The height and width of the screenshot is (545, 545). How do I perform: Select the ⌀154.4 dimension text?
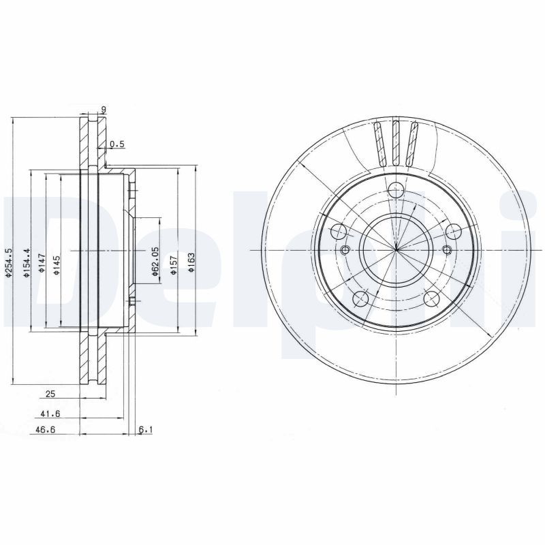[x=27, y=262]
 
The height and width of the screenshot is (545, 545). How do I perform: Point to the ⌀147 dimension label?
[x=42, y=263]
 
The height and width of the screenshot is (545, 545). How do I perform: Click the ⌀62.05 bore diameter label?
[x=155, y=263]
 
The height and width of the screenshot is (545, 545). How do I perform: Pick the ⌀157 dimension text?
[x=174, y=263]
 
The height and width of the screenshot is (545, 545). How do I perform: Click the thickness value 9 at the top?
[x=103, y=109]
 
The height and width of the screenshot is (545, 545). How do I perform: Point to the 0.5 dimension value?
[x=117, y=144]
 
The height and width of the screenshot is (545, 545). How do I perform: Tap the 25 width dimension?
[x=50, y=394]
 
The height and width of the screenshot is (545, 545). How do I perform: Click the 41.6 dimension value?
[x=46, y=414]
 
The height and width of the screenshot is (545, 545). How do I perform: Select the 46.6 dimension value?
[x=45, y=430]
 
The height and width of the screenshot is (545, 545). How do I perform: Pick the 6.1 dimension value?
[x=145, y=430]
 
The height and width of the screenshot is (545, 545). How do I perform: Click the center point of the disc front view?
[x=396, y=250]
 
